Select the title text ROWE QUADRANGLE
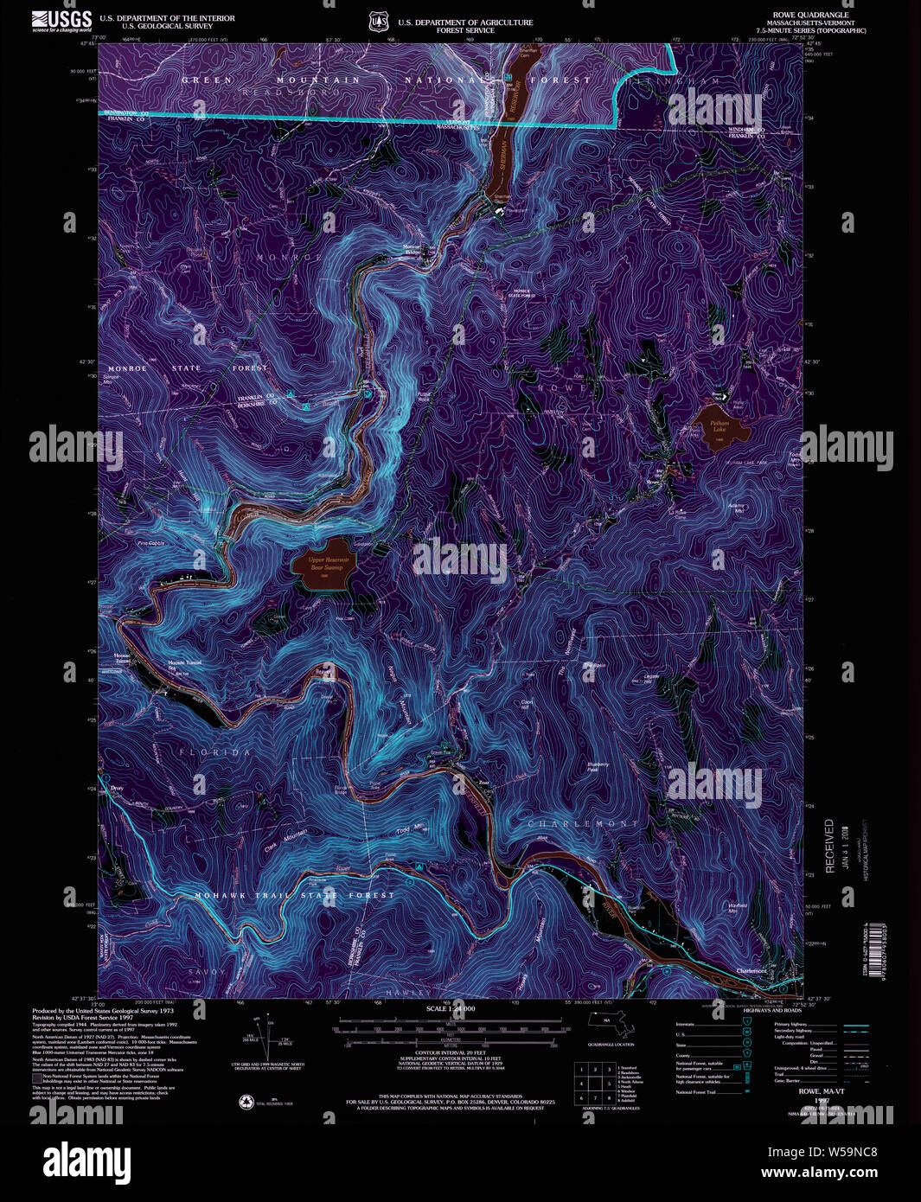pos(799,15)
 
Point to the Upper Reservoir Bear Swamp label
pos(326,563)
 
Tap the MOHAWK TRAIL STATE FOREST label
pos(294,895)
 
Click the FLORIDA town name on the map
pos(214,753)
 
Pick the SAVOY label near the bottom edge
pos(207,972)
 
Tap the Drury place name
pos(117,789)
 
